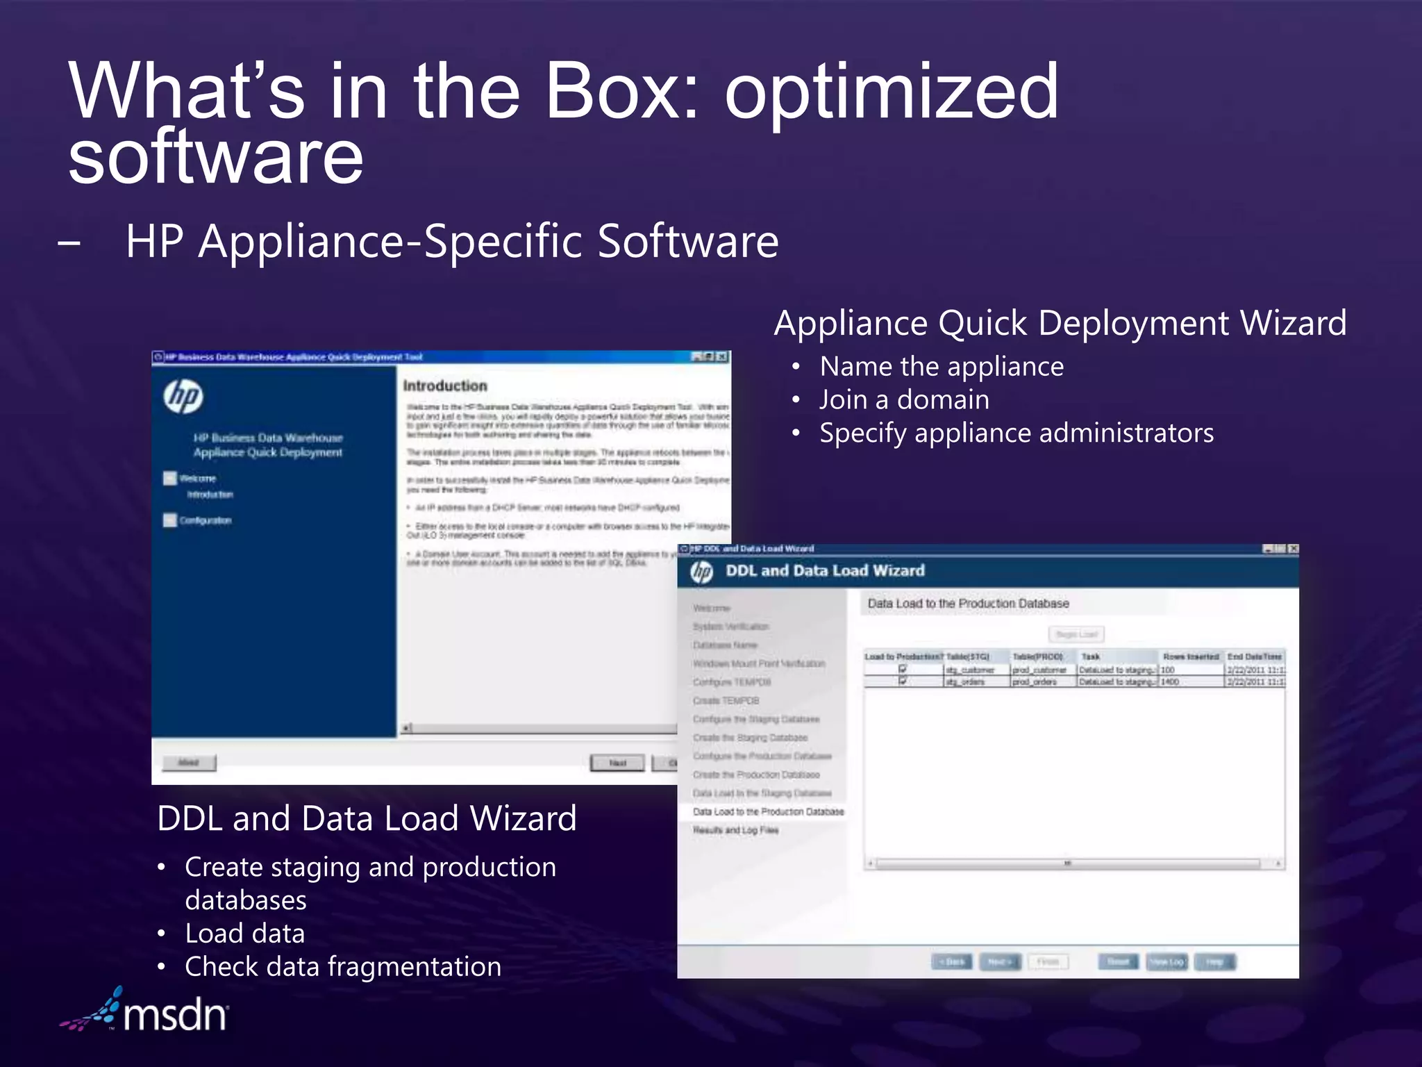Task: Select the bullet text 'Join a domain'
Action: click(904, 400)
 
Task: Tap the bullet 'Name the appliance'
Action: click(941, 367)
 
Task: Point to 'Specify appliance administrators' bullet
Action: click(1016, 433)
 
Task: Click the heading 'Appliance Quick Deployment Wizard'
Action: click(1060, 324)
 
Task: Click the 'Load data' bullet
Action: click(244, 934)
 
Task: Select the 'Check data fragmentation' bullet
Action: click(342, 967)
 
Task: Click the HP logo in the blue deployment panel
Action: click(183, 397)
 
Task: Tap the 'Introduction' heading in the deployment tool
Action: click(445, 386)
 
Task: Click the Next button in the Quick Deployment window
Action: click(617, 763)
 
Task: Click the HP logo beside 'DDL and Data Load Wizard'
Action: click(701, 572)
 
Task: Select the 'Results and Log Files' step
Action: click(735, 830)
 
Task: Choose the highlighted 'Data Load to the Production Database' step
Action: click(768, 811)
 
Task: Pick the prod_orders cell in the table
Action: click(1035, 682)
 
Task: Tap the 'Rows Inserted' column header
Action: click(1191, 656)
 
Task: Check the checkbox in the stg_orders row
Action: click(903, 681)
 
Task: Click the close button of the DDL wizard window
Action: click(1293, 549)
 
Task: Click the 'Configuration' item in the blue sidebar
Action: click(205, 520)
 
